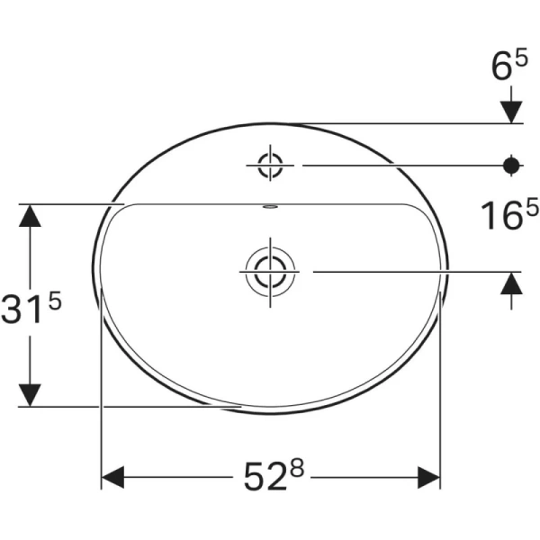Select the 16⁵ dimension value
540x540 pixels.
coord(507,217)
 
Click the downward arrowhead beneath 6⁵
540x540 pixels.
coord(511,111)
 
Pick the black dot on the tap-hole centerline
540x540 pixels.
coord(511,165)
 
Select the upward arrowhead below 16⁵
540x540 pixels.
coord(511,283)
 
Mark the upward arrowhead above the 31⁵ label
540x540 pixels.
coord(31,216)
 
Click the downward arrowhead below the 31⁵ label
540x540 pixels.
coord(31,394)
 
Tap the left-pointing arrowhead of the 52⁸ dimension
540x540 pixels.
coord(112,476)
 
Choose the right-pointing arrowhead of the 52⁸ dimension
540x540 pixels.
coord(429,476)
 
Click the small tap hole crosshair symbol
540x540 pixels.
coord(270,165)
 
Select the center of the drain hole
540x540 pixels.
coord(268,269)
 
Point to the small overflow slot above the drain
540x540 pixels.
coord(269,207)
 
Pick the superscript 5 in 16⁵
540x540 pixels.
coord(531,207)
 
